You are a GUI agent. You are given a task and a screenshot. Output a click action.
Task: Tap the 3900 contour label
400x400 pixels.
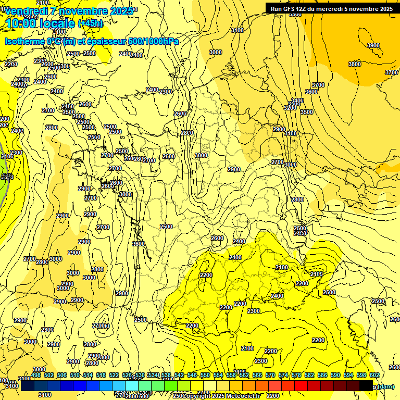coord(373,46)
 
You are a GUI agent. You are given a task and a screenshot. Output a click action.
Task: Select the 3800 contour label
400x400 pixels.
coord(354,64)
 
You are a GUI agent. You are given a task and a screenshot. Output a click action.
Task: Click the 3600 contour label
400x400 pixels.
coord(311,92)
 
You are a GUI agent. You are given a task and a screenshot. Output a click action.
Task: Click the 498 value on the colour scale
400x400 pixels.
coord(36,375)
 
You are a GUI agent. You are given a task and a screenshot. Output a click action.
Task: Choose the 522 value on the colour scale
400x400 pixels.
coord(114,375)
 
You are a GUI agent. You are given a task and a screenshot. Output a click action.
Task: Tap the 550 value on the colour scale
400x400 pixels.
coord(205,375)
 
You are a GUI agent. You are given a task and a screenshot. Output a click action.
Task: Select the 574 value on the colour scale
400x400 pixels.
coord(283,375)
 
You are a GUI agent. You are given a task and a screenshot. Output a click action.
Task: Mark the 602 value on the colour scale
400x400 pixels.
coord(374,375)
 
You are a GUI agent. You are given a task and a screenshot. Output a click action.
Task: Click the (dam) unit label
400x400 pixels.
coord(386,386)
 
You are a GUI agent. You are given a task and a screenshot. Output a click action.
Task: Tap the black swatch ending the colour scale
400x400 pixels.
coord(366,386)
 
